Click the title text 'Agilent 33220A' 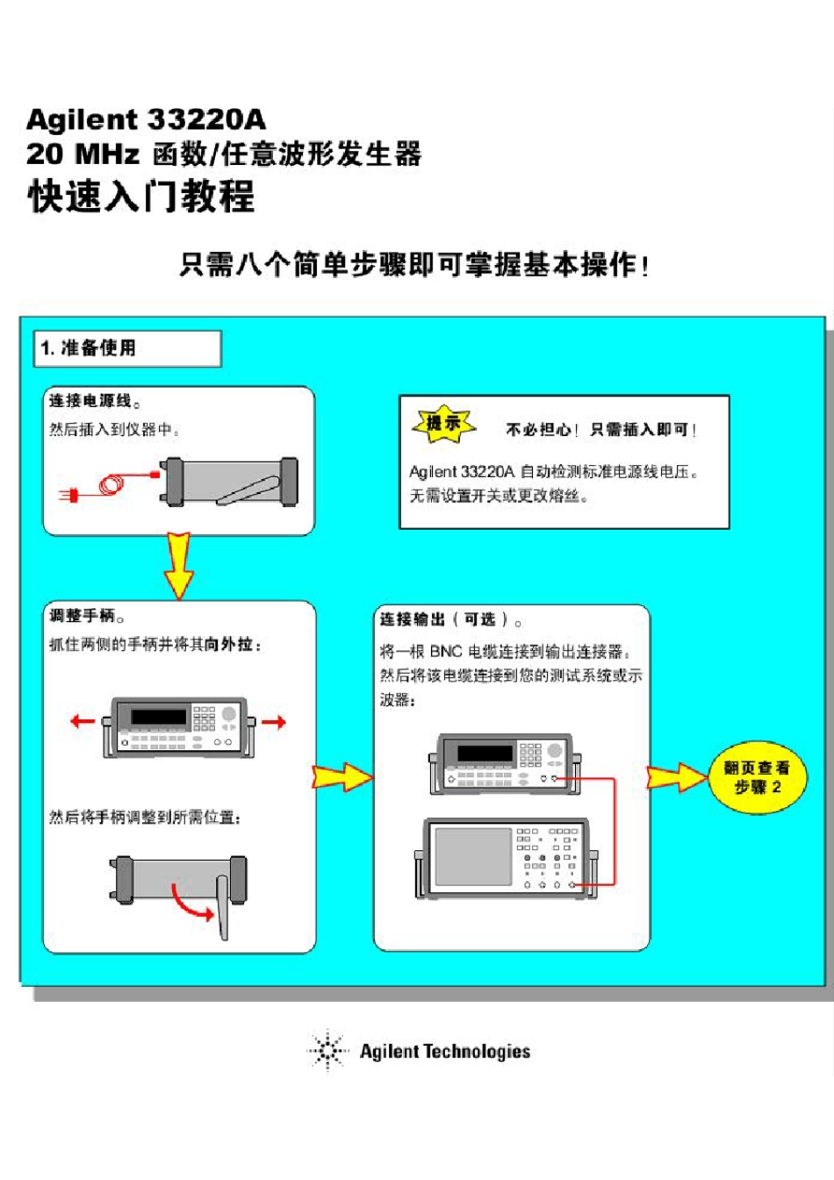coord(146,119)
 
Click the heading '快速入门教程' coord(141,196)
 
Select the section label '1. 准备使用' coord(89,348)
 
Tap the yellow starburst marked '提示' coord(444,425)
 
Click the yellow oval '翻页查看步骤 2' coord(757,777)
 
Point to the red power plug coord(69,496)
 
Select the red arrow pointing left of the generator coord(83,721)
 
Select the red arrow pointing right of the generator coord(274,722)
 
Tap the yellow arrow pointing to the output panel coord(342,776)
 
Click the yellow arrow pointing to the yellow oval coord(676,777)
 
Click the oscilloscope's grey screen coord(473,855)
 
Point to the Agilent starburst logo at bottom coord(327,1050)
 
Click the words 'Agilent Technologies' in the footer coord(445,1051)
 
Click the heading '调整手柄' coord(82,616)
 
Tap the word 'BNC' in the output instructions coord(446,652)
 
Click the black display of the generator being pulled coord(158,717)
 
